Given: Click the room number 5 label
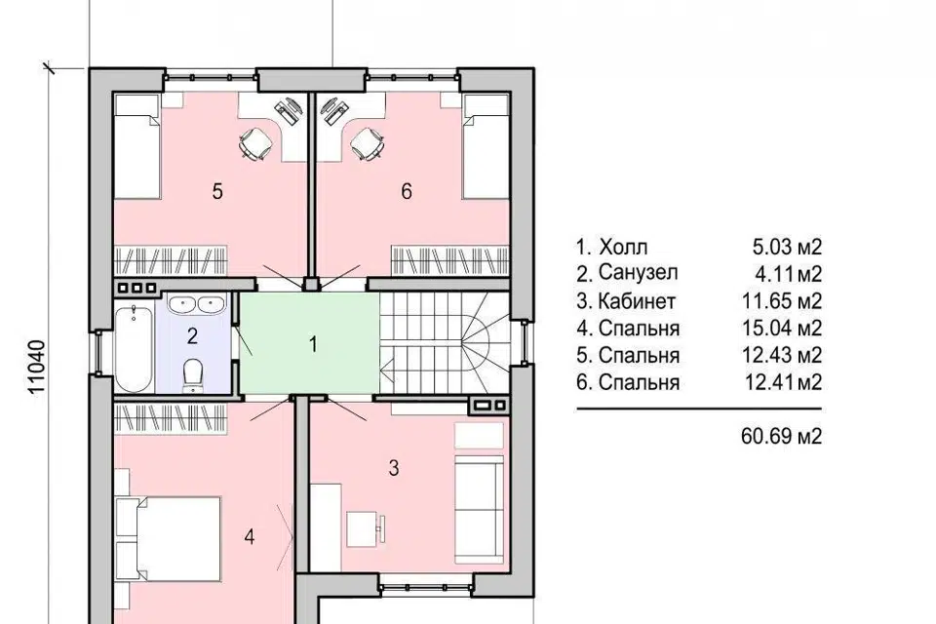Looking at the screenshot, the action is [217, 192].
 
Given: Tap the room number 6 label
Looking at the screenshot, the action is [407, 192].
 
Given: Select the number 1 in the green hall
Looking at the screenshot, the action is [313, 344].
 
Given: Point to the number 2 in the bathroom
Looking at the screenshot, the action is [192, 336].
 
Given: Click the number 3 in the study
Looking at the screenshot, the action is [393, 468].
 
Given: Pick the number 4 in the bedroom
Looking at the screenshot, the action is [250, 537].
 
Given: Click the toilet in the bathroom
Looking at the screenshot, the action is [192, 375].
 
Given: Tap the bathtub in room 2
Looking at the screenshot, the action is [134, 348].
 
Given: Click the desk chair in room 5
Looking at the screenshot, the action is [254, 143].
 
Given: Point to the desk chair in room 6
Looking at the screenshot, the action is [367, 143].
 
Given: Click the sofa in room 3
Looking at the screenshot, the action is [480, 509].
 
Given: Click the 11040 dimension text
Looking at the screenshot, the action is [36, 368].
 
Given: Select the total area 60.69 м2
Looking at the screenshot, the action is [781, 436].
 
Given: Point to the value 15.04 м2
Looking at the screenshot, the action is [782, 328].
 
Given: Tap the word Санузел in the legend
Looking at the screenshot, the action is [638, 273].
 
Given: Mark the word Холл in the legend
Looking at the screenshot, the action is [623, 246].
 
